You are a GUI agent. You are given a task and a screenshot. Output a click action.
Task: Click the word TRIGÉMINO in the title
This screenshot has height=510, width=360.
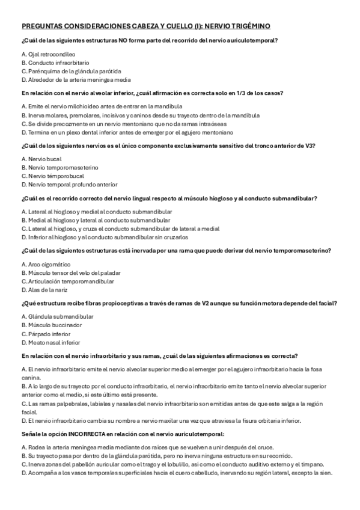coord(248,26)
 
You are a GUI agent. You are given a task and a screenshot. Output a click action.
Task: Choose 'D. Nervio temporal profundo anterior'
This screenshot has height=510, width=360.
coord(69,184)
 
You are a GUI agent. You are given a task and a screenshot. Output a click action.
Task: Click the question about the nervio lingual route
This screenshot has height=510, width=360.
coord(169,198)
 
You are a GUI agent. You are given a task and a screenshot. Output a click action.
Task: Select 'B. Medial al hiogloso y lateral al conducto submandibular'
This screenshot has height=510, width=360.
coord(88,220)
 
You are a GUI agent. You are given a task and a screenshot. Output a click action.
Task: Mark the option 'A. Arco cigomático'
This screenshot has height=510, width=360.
coord(46,263)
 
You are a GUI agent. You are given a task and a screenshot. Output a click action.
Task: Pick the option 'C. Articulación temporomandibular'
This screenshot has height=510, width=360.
coord(67,281)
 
